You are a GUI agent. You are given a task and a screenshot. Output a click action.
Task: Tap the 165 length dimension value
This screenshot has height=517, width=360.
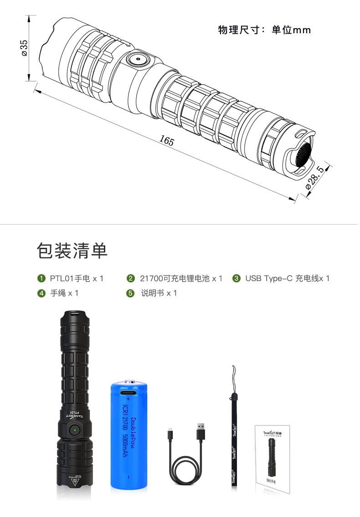(x=167, y=141)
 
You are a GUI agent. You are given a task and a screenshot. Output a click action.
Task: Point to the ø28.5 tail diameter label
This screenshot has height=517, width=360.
(x=315, y=178)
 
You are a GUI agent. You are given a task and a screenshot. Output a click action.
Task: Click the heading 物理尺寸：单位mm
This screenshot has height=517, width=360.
(x=264, y=31)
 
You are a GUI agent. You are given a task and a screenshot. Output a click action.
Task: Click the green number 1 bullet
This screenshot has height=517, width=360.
(x=41, y=278)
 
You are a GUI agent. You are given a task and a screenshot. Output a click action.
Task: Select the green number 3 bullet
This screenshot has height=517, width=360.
(x=236, y=278)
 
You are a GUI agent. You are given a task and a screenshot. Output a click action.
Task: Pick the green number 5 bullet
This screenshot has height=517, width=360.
(x=130, y=293)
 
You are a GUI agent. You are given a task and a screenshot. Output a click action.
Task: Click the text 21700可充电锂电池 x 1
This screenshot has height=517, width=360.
(x=181, y=278)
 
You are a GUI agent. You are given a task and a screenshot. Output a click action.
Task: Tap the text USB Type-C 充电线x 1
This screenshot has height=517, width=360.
(x=287, y=278)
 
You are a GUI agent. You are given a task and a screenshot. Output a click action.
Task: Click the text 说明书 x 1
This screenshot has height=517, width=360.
(x=159, y=293)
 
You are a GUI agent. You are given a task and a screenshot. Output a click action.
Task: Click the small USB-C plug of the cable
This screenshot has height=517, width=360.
(x=170, y=431)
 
